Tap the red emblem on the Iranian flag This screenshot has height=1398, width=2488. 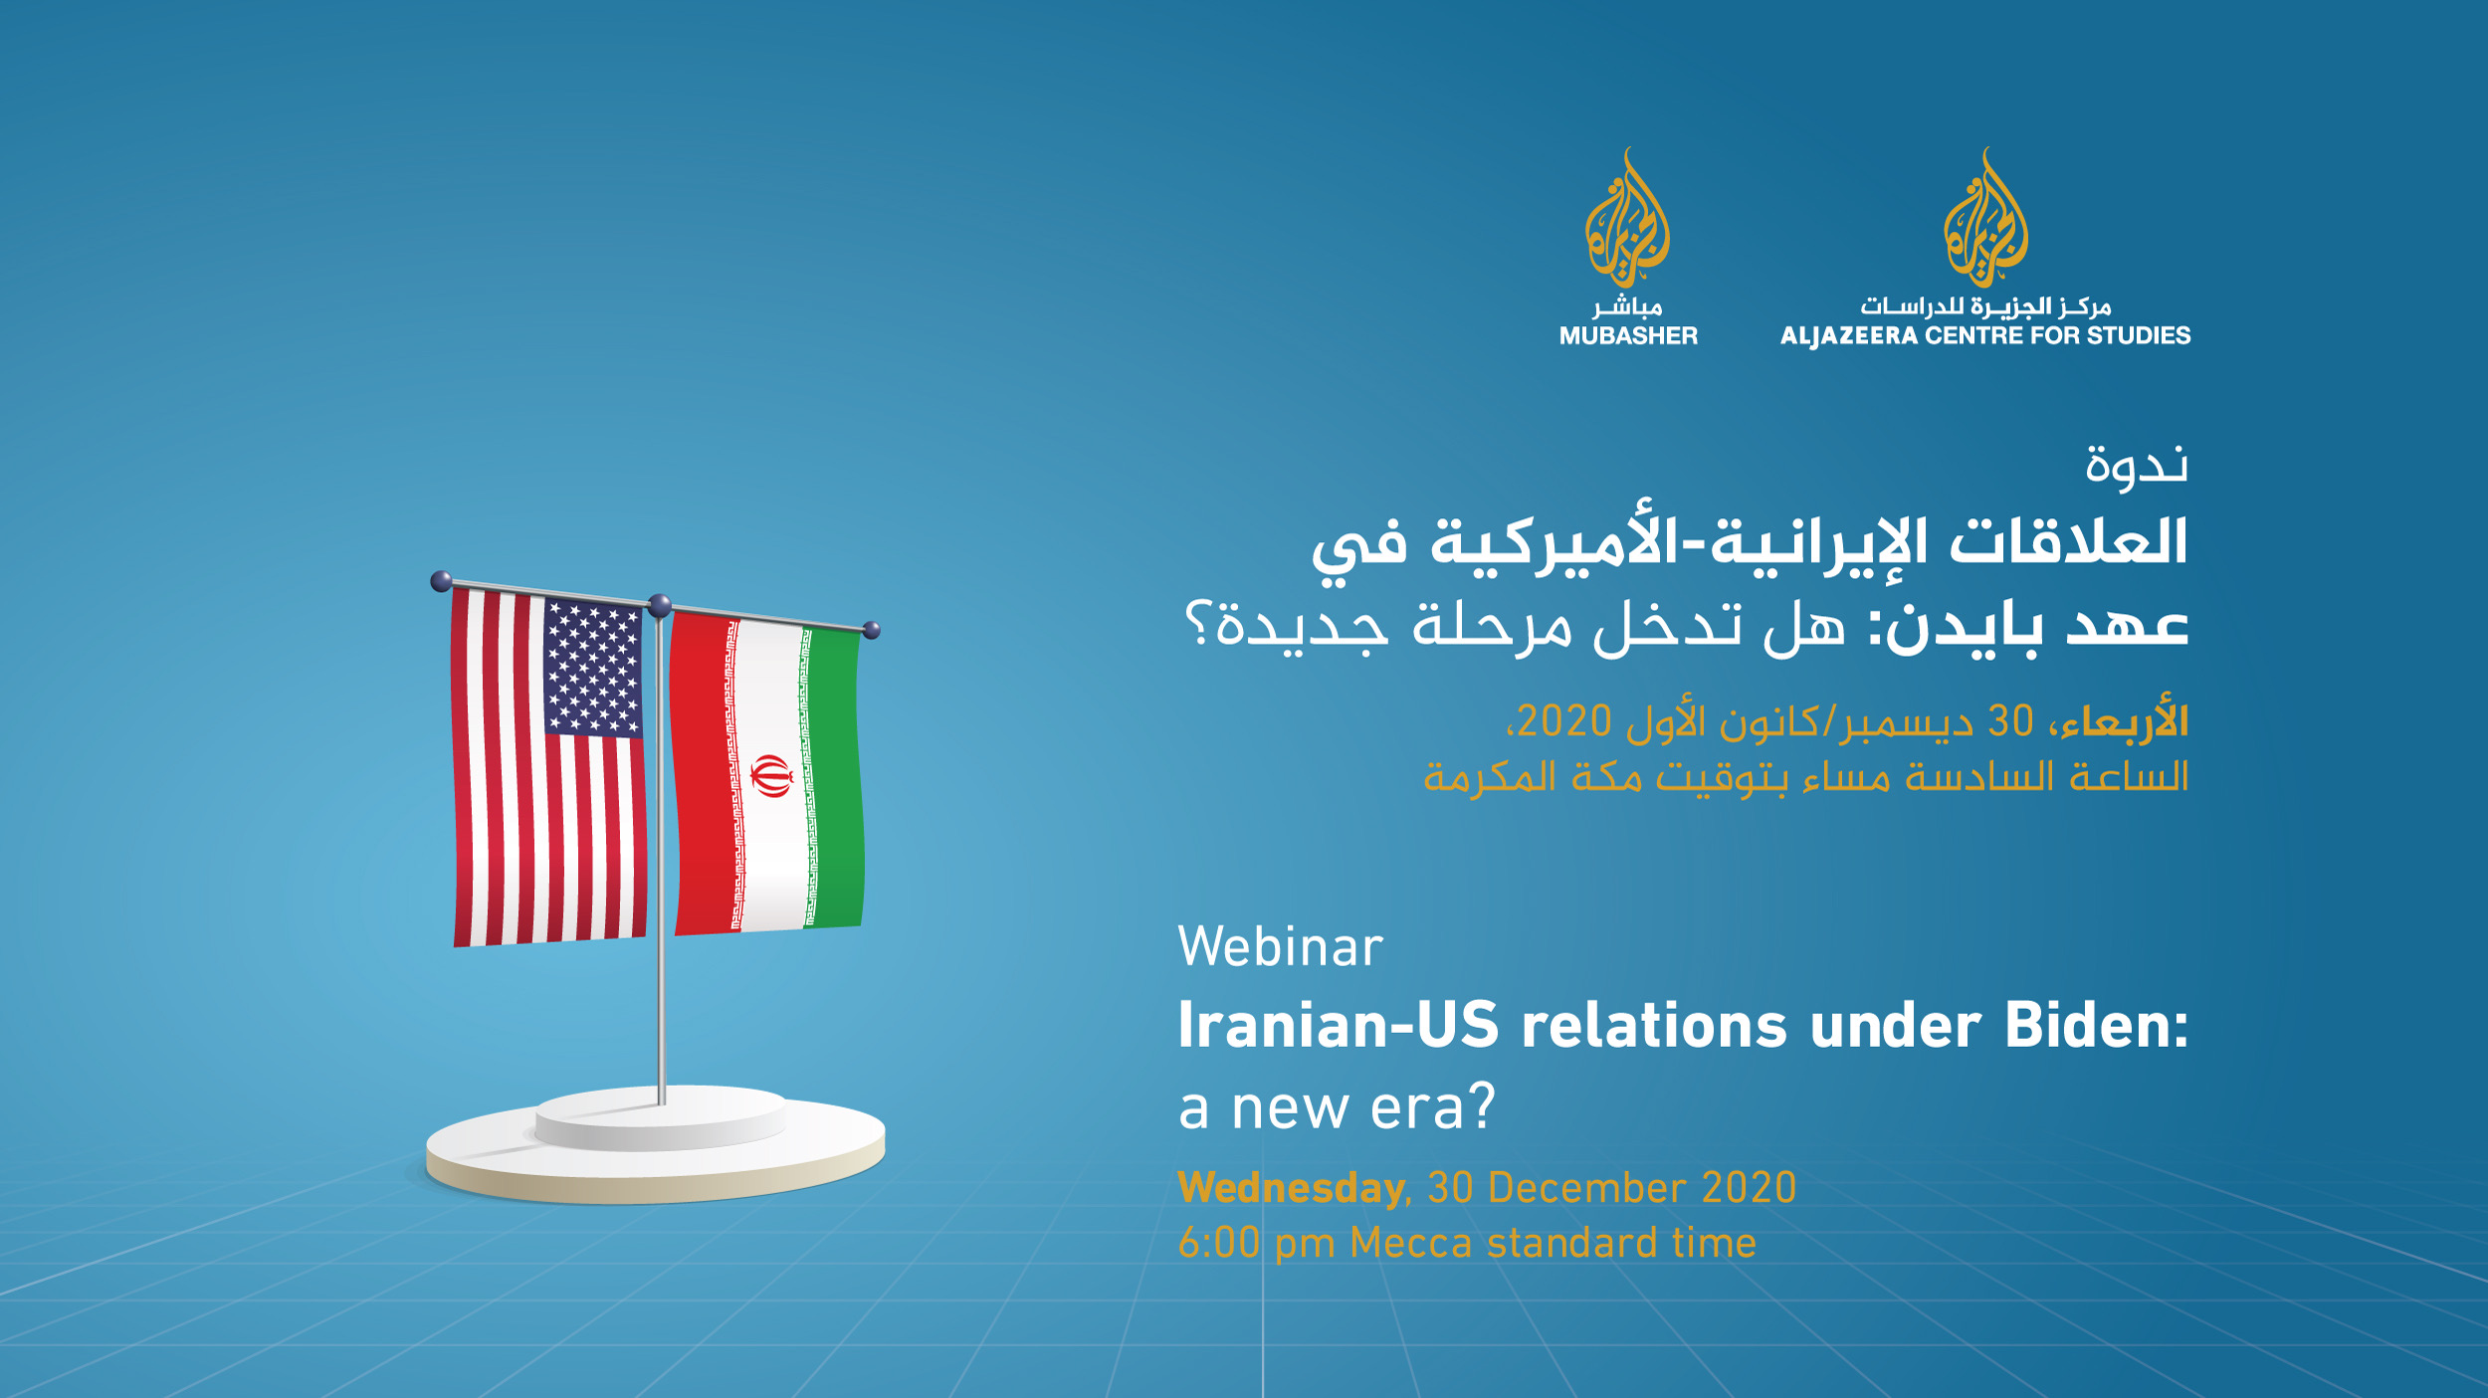pyautogui.click(x=771, y=775)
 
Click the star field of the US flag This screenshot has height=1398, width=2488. pyautogui.click(x=593, y=668)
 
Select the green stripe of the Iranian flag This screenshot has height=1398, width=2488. pyautogui.click(x=834, y=778)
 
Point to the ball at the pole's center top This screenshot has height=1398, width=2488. pyautogui.click(x=660, y=605)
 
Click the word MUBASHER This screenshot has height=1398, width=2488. pyautogui.click(x=1628, y=336)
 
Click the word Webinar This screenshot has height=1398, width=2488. pyautogui.click(x=1281, y=946)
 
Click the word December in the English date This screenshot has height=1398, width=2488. pyautogui.click(x=1586, y=1188)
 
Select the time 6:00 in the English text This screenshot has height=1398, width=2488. pyautogui.click(x=1219, y=1244)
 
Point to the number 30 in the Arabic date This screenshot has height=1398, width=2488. pyautogui.click(x=2010, y=720)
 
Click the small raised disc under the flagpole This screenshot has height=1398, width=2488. pyautogui.click(x=661, y=1118)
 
